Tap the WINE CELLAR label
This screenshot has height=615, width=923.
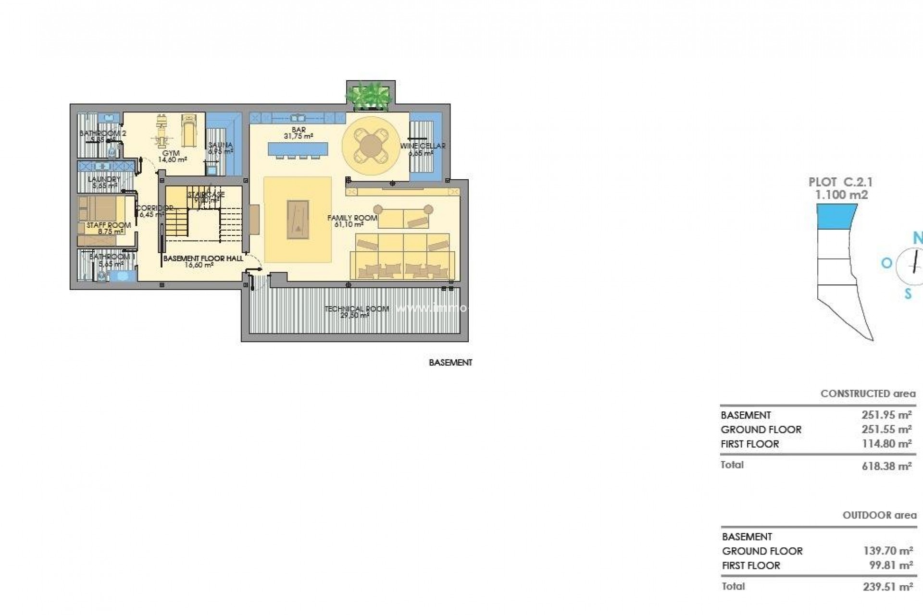(x=423, y=146)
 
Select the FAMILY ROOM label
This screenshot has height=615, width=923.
(x=352, y=218)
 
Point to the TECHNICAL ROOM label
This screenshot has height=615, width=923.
(x=356, y=309)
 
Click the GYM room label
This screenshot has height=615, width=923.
(x=171, y=154)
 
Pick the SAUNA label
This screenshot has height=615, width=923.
(x=221, y=145)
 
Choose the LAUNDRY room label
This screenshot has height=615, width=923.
(x=104, y=180)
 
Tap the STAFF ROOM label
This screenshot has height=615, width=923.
(x=108, y=225)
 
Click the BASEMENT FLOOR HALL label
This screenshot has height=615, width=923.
(x=203, y=258)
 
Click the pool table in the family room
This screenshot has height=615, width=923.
(x=298, y=219)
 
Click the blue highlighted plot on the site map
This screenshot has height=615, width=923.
(x=836, y=216)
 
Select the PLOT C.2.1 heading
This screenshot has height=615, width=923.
(x=840, y=183)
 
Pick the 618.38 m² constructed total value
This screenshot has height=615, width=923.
(x=886, y=466)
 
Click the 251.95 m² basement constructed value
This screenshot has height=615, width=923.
(x=886, y=415)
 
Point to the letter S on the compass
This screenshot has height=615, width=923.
(x=908, y=294)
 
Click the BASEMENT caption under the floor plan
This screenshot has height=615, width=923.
(x=450, y=363)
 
